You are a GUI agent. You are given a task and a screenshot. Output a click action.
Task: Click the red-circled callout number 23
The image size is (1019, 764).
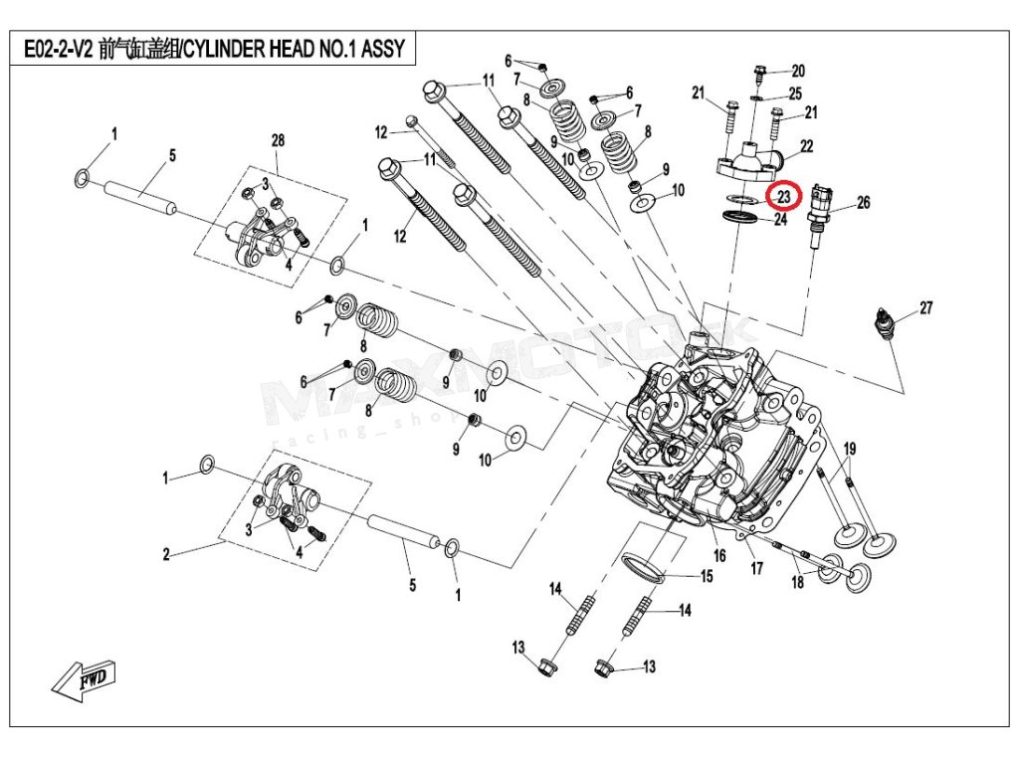783,197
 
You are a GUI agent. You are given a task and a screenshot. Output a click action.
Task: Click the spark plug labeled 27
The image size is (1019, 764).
882,324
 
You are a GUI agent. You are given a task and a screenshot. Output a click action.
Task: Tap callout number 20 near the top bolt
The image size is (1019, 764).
798,71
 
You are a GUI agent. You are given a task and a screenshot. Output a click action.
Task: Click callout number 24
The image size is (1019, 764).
780,220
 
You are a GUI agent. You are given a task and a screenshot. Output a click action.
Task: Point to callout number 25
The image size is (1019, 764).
794,94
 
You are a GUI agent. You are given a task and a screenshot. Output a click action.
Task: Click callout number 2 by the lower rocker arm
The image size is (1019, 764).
167,553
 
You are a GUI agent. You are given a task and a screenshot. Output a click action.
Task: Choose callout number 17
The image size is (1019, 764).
757,569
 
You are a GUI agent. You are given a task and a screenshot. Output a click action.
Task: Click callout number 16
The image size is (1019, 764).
719,555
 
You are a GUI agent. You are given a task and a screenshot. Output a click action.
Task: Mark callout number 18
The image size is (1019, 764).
797,582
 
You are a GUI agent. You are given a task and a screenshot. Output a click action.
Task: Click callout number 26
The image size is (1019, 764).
863,203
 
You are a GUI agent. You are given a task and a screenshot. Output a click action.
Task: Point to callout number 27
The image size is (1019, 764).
925,308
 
